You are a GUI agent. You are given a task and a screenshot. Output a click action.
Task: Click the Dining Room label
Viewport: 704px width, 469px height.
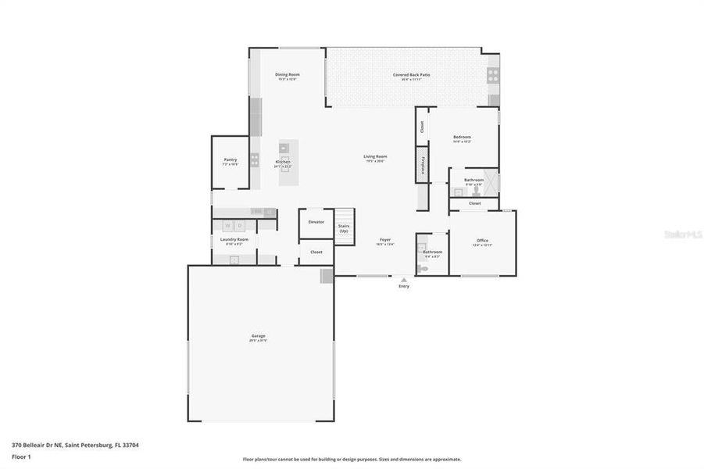coord(288,75)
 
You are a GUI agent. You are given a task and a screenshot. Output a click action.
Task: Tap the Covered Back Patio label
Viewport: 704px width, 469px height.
coord(411,75)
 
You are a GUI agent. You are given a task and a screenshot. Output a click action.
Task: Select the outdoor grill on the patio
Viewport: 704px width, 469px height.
coord(493,75)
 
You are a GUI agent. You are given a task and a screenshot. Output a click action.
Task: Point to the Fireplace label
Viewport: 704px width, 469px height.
coord(423,165)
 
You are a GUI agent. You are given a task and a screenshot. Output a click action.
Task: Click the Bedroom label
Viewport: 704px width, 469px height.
coord(462,138)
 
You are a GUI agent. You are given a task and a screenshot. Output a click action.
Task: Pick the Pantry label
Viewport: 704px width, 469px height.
coord(230,159)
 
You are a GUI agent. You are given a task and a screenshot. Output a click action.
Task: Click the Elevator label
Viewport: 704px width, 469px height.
coord(316,222)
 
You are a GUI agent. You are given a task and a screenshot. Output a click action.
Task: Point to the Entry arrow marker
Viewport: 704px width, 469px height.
coord(403,280)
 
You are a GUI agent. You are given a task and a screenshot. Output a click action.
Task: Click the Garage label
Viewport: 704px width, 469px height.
coord(259,336)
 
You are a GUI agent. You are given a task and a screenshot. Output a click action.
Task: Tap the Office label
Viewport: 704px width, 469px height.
coord(482,240)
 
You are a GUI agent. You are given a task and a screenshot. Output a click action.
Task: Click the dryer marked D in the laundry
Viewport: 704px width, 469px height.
coord(241,226)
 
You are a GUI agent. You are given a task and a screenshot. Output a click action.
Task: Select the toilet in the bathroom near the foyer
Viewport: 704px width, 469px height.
coord(423,267)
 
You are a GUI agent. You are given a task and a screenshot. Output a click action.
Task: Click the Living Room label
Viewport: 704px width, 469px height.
coord(375,156)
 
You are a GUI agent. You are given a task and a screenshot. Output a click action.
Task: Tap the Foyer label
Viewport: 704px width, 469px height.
coord(385,240)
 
